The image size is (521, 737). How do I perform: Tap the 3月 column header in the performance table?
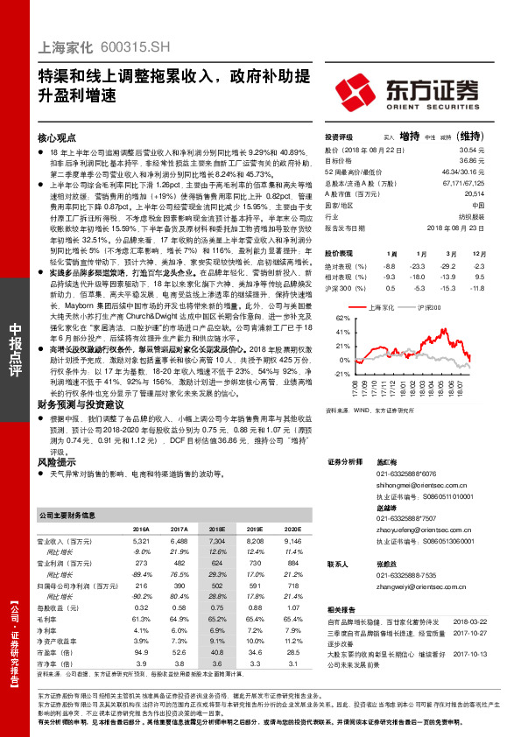click(451, 252)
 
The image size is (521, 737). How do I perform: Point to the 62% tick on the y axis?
click(342, 319)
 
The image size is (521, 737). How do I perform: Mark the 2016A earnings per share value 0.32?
click(141, 607)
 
